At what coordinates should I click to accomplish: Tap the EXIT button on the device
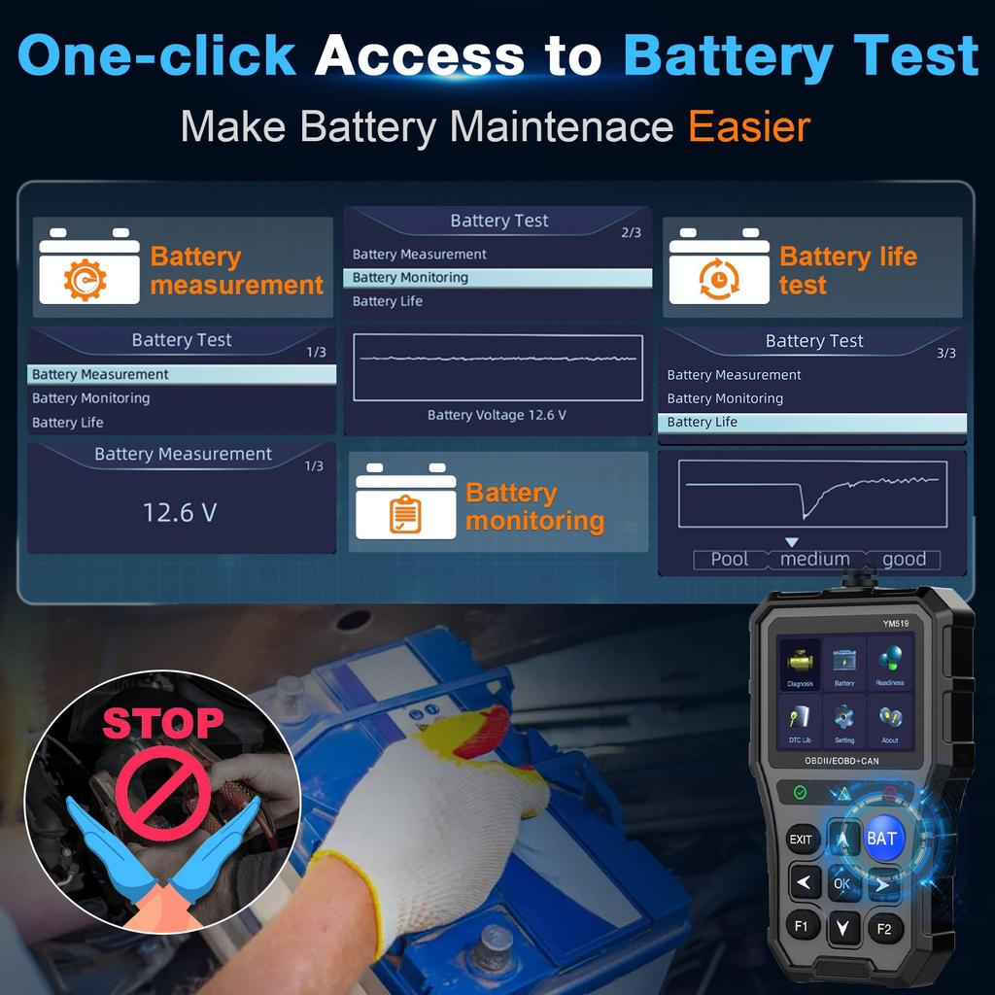tap(801, 840)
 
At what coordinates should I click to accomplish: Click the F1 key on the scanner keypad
tap(802, 925)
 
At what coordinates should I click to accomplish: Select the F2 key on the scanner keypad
tap(884, 928)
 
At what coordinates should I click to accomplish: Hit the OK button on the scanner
tap(842, 883)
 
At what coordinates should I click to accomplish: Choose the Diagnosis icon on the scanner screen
tap(801, 666)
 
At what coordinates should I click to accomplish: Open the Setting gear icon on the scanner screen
tap(844, 721)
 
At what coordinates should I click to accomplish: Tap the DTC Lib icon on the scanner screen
tap(801, 721)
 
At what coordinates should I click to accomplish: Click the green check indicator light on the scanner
tap(800, 792)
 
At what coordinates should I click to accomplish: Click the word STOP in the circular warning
tap(163, 723)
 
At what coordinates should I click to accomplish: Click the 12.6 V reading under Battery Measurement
tap(180, 512)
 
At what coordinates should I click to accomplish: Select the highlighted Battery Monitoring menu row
tap(497, 278)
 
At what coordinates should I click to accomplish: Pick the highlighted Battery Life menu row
tap(811, 423)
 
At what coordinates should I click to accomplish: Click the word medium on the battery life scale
tap(814, 560)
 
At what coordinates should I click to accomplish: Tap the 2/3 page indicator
tap(631, 232)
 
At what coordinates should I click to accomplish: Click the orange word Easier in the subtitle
tap(749, 127)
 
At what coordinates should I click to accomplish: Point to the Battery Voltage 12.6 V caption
tap(497, 415)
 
